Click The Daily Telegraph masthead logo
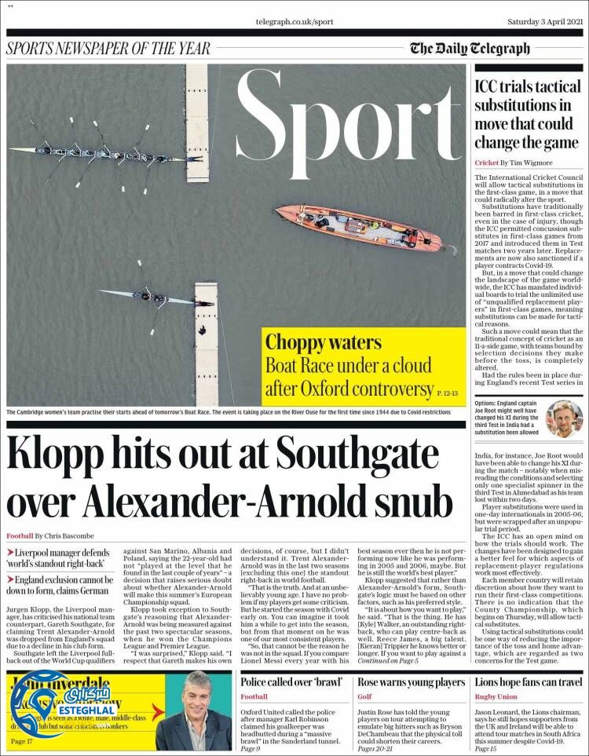[470, 49]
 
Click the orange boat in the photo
[357, 227]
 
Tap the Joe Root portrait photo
[563, 418]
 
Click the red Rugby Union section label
[496, 696]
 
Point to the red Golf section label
[364, 696]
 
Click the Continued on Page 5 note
[388, 662]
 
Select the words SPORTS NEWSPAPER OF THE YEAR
[108, 48]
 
